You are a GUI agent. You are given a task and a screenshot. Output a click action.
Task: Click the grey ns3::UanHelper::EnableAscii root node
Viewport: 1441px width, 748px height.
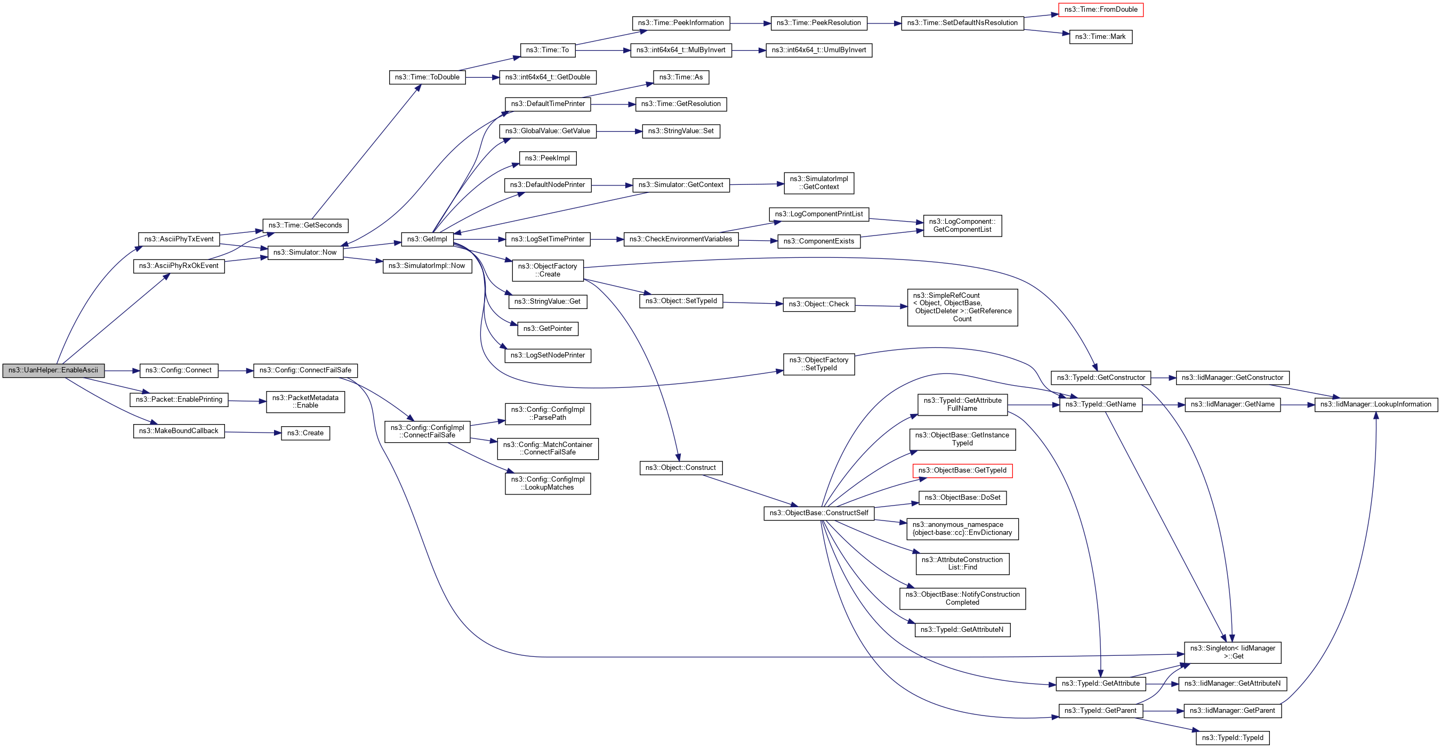(x=53, y=370)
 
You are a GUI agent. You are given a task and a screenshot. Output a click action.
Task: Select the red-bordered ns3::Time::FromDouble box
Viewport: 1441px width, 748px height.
(x=1100, y=10)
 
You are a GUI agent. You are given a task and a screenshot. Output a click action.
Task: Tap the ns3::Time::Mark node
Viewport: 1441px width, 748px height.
(x=1100, y=37)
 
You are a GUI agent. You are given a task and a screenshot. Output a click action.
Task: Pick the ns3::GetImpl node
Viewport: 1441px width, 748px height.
(x=427, y=239)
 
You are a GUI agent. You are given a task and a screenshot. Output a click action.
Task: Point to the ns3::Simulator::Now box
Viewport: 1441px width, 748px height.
(x=305, y=253)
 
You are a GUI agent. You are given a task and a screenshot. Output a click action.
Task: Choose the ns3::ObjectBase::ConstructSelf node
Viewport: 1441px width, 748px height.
(x=818, y=513)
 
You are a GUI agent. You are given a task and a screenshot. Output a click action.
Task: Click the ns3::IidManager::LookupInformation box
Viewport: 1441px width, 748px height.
(x=1375, y=405)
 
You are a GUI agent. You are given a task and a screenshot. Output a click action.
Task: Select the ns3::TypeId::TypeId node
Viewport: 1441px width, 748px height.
(x=1233, y=738)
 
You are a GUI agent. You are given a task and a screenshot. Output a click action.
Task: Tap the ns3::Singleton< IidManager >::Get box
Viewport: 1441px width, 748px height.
(x=1233, y=653)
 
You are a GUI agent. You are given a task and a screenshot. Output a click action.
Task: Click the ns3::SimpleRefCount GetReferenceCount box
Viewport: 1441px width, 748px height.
(x=962, y=307)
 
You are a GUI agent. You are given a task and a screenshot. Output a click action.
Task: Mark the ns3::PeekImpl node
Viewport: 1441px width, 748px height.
(x=547, y=158)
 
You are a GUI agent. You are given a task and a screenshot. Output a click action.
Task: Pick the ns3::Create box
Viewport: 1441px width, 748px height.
(x=305, y=433)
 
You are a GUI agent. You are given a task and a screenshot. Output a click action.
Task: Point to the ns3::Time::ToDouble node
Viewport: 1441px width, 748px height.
(x=427, y=77)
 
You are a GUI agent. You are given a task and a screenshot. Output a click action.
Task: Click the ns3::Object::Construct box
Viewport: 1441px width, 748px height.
(x=680, y=468)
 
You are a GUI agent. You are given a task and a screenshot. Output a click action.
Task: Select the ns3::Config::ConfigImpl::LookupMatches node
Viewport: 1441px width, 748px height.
(x=547, y=484)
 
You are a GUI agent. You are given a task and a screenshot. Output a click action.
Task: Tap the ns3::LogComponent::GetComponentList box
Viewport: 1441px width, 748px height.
(x=962, y=226)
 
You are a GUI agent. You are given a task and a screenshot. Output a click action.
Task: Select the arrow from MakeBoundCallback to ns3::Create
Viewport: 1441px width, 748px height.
(x=252, y=432)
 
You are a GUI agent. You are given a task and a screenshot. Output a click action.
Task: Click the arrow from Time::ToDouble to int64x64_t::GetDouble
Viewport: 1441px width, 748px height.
(x=482, y=77)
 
